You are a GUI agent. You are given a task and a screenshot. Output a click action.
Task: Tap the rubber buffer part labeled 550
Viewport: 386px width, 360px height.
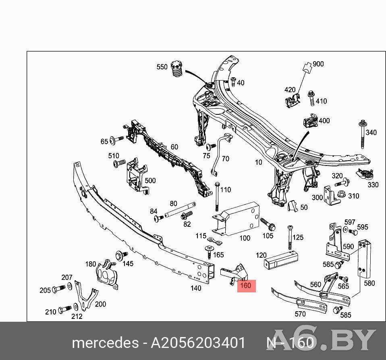pos(176,68)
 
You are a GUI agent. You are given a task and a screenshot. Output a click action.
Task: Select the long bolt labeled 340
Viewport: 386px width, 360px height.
pos(363,134)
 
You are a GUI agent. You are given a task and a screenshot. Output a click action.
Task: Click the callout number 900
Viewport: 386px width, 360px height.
pos(318,64)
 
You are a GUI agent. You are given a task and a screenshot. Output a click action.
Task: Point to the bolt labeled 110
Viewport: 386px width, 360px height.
pos(217,197)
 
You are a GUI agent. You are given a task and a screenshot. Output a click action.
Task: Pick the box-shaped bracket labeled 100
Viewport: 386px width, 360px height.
pos(236,219)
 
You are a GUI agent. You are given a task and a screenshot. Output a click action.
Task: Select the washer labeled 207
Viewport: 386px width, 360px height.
pos(69,286)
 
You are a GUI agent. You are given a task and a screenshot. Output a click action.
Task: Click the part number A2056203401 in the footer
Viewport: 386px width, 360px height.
pos(198,343)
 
